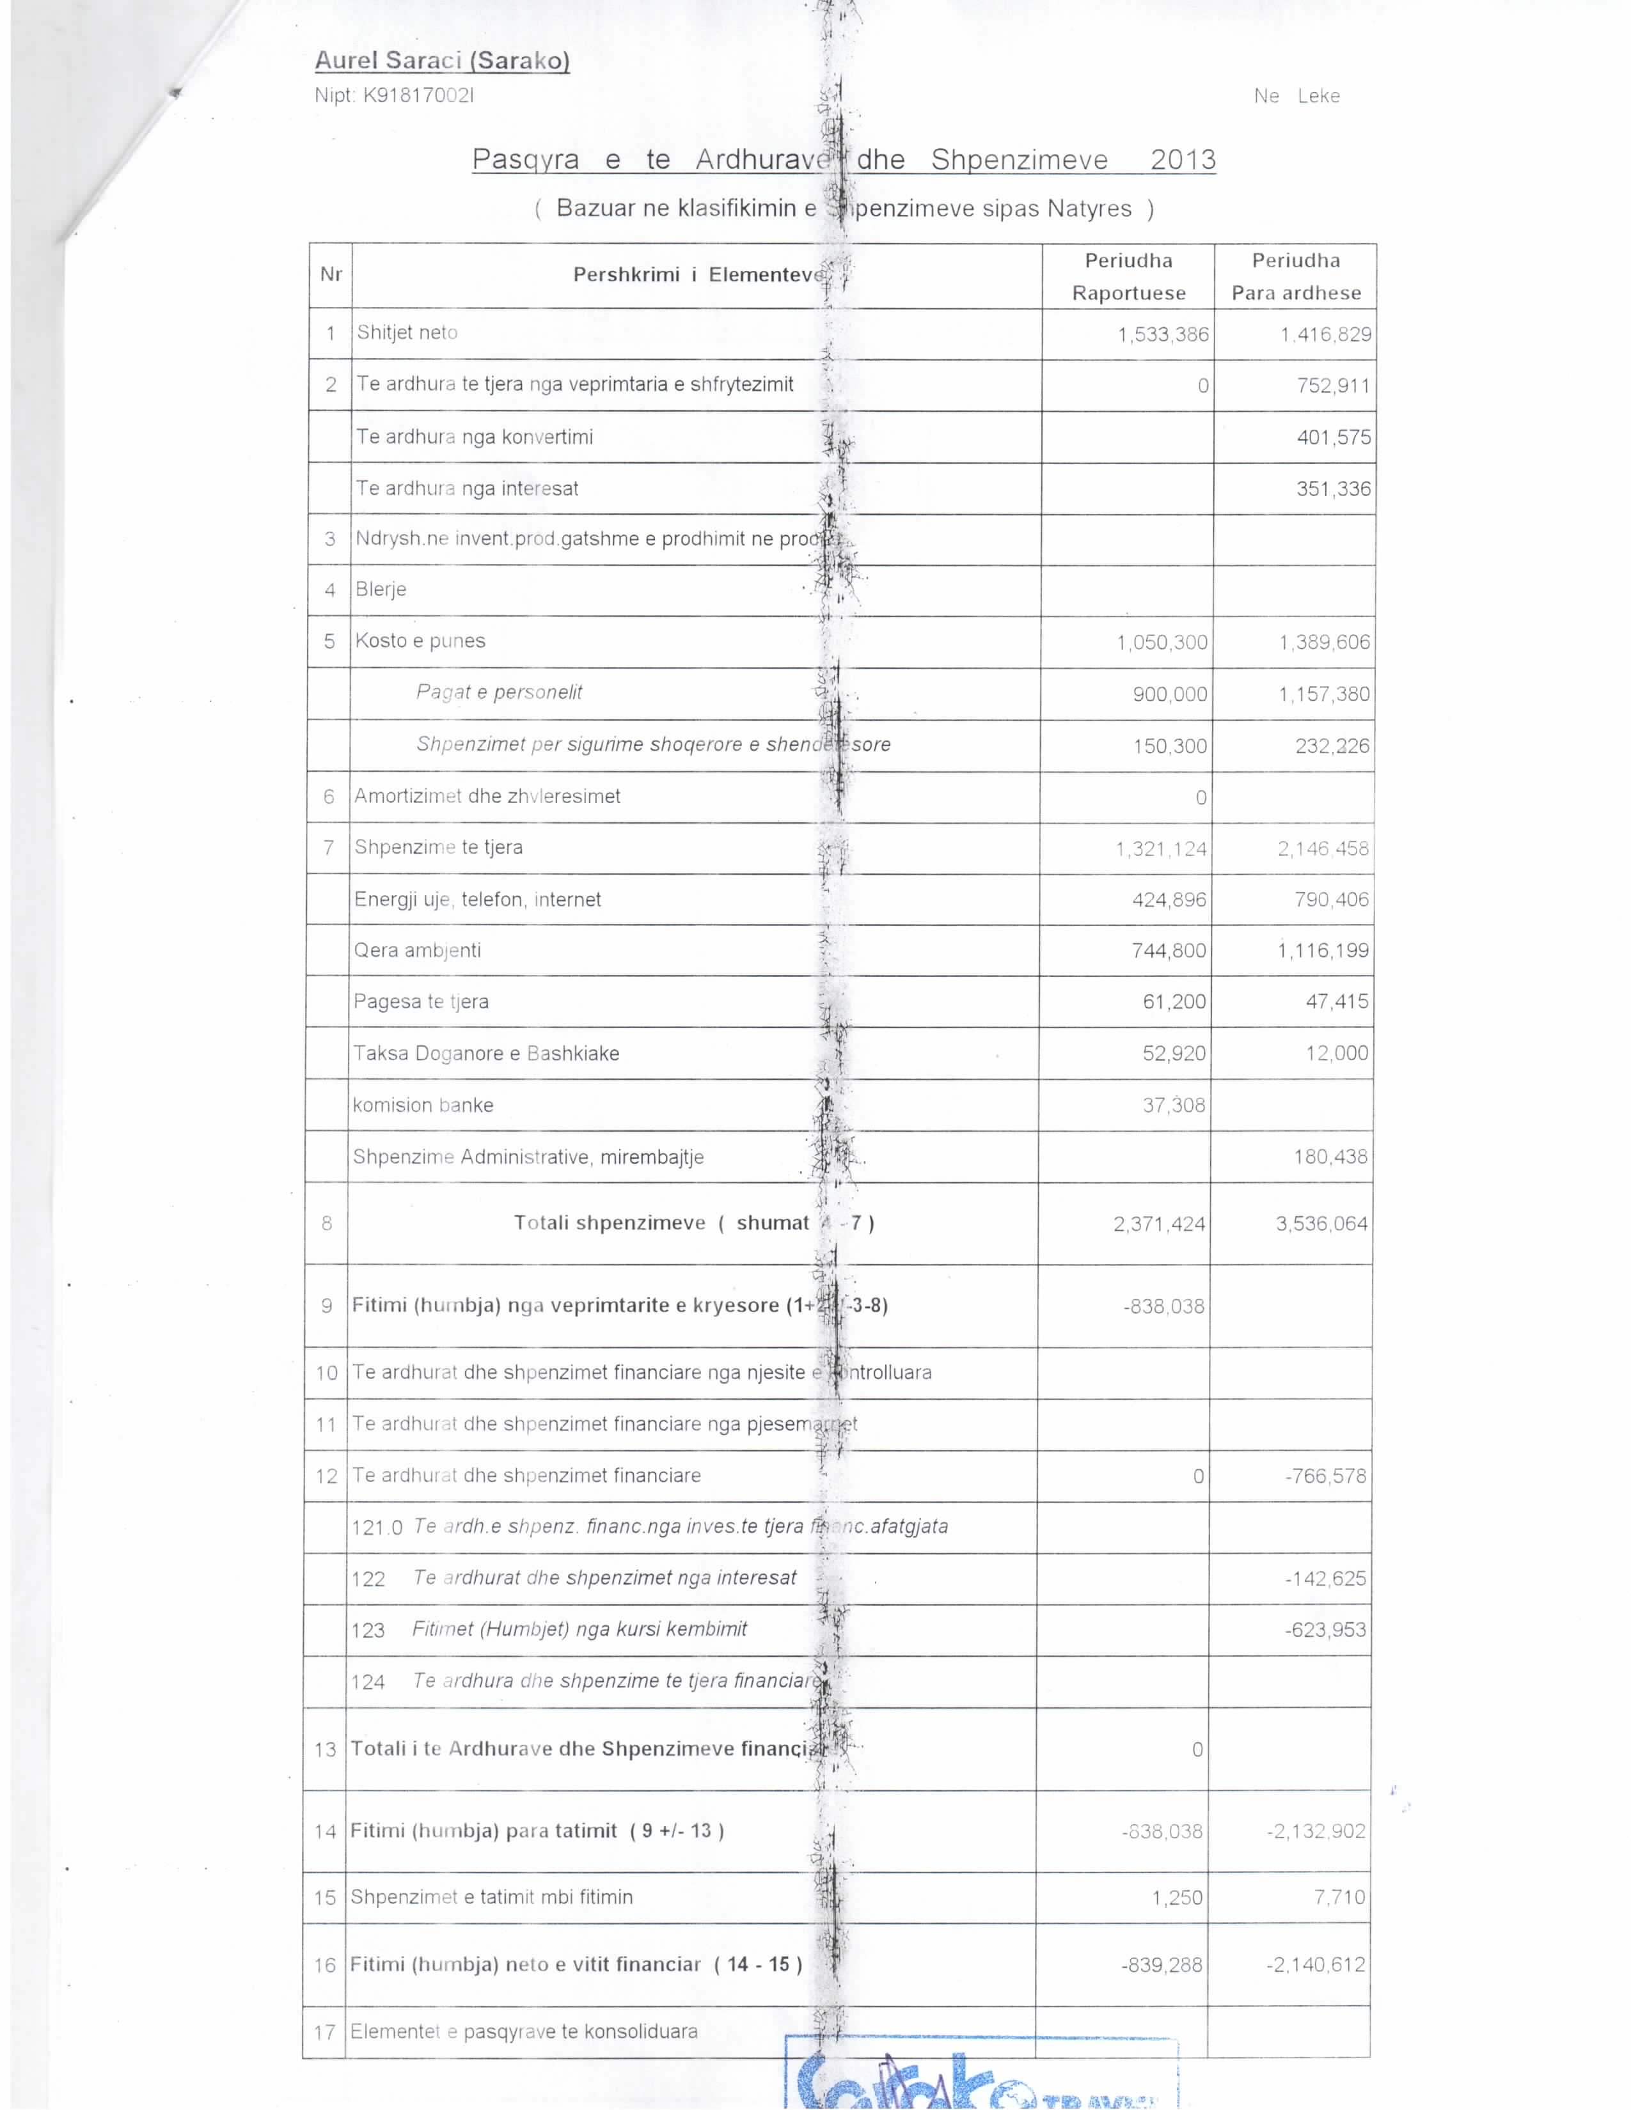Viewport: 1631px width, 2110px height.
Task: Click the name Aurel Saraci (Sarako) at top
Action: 441,61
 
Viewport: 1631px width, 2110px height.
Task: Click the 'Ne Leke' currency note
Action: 1296,96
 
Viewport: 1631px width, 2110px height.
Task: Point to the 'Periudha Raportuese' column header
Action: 1128,276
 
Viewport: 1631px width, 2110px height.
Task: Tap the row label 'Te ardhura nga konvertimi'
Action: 475,437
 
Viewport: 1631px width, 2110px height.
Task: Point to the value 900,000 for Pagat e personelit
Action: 1169,694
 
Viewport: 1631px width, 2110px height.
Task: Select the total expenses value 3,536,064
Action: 1321,1224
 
